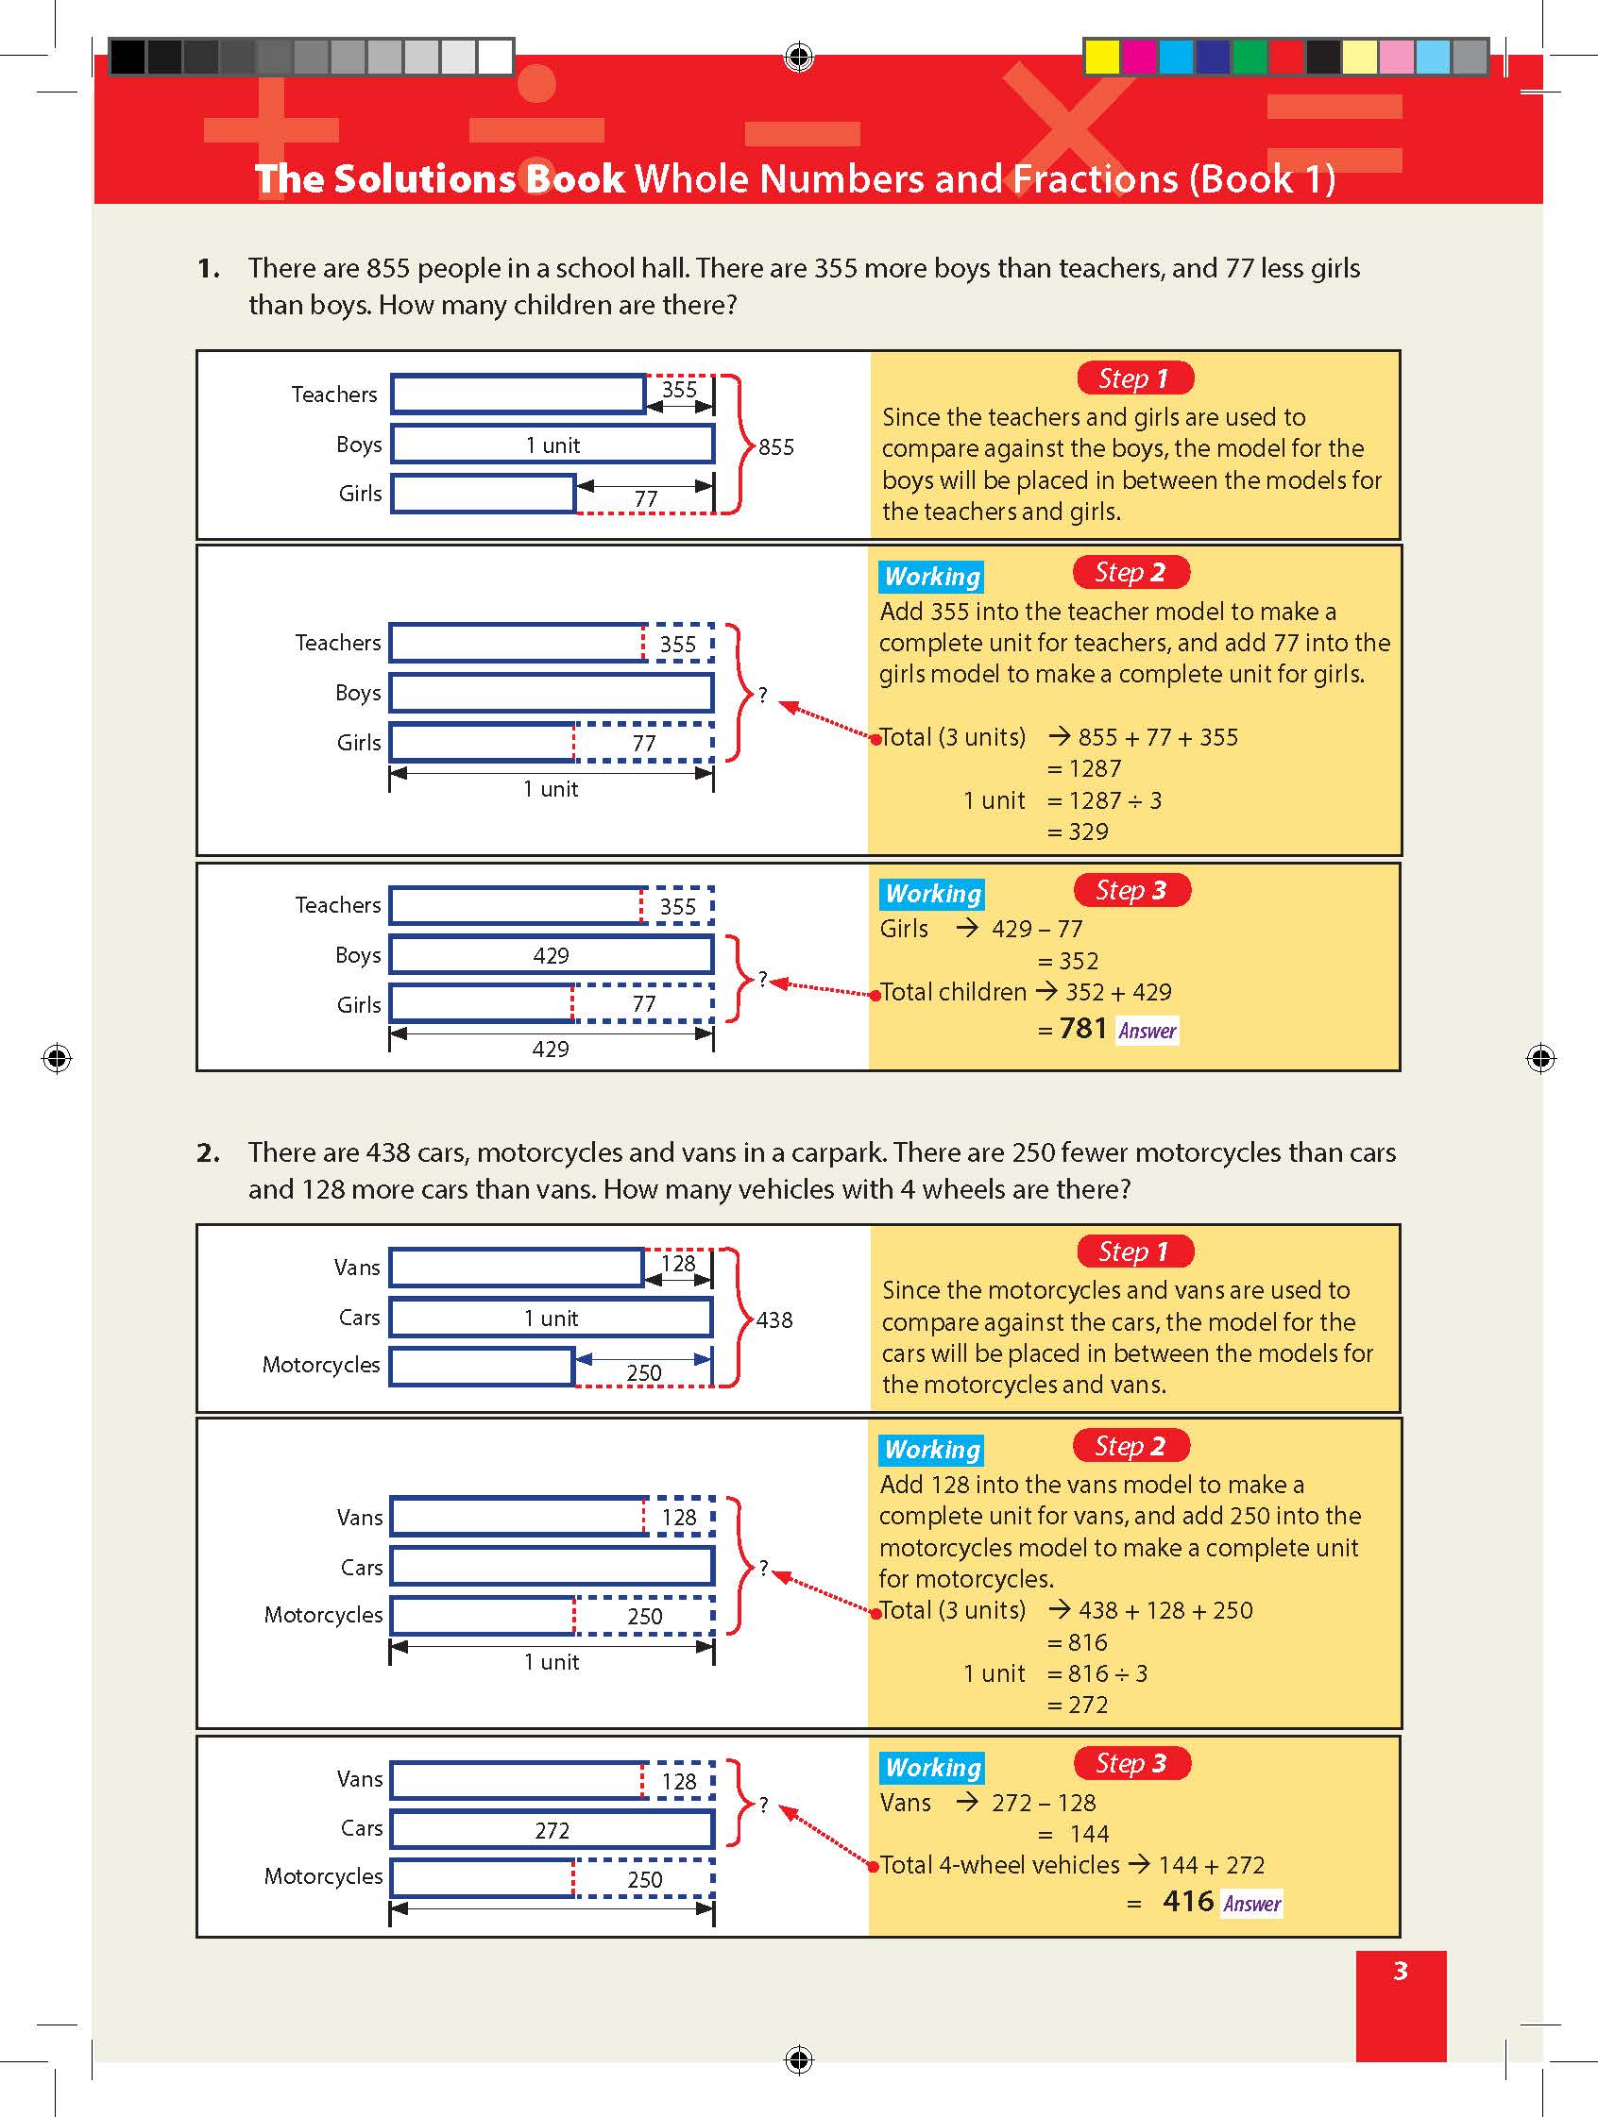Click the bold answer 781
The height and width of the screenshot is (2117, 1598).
click(1083, 1029)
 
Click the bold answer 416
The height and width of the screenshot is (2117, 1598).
click(1187, 1901)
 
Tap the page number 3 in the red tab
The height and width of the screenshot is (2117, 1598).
click(1400, 1971)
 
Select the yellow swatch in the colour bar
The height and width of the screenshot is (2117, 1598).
click(1102, 57)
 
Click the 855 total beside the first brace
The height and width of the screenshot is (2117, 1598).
click(775, 447)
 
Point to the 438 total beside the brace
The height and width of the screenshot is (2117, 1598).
click(773, 1319)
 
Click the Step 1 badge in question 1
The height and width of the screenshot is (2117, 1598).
click(1134, 379)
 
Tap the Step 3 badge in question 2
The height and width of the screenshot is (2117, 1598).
click(1130, 1763)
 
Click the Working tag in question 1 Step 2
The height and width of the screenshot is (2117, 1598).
click(931, 576)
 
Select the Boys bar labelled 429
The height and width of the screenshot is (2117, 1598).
click(552, 955)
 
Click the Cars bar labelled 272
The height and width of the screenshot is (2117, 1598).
click(552, 1830)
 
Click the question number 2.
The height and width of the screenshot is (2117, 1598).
click(208, 1152)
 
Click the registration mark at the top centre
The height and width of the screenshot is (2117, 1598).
click(798, 58)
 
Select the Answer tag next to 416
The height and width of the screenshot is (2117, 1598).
click(1251, 1904)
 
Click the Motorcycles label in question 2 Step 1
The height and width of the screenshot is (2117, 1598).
click(321, 1365)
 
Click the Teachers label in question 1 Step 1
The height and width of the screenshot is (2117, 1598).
click(334, 395)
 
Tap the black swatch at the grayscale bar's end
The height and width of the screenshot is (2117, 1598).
click(127, 57)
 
